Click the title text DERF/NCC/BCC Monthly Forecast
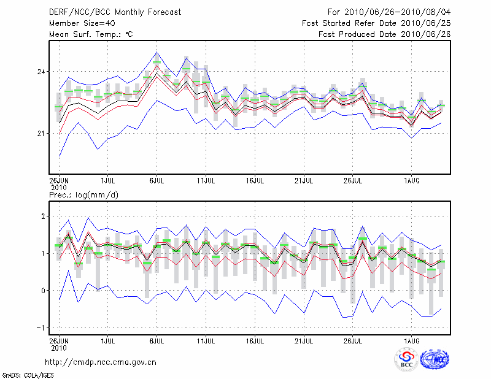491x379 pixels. click(115, 12)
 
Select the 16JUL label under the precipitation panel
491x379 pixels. click(255, 339)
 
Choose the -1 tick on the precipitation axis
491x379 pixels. click(42, 327)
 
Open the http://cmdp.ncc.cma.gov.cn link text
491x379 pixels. click(101, 362)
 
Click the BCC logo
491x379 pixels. click(406, 359)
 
